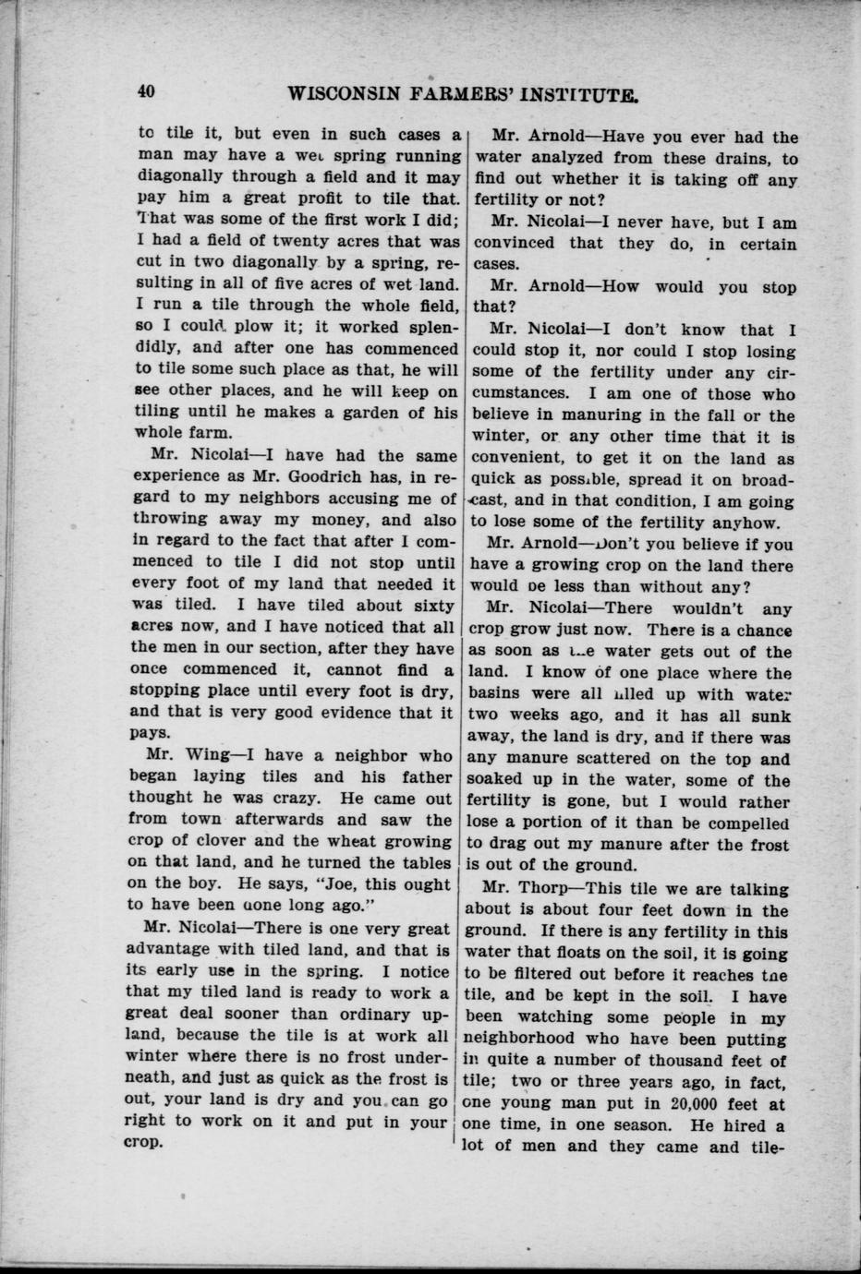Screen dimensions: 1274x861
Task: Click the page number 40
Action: pos(145,91)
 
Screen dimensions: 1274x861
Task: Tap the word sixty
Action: pos(430,606)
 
